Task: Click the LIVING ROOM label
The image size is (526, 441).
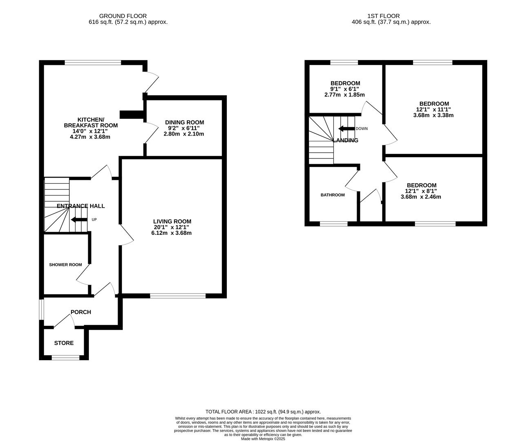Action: (171, 221)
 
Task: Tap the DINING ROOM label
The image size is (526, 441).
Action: (184, 122)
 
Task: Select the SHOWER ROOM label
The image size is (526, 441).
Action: (65, 265)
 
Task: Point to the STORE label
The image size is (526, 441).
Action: (64, 343)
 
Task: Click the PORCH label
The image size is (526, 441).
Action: (81, 312)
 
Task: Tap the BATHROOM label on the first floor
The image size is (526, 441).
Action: (333, 195)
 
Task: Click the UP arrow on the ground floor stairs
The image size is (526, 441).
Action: (79, 220)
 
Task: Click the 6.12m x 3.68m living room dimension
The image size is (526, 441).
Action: (171, 233)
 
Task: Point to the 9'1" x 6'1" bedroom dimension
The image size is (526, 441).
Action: (345, 89)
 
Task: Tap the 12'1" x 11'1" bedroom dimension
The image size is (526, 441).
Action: (433, 109)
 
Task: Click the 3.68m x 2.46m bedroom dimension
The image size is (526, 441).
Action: (421, 197)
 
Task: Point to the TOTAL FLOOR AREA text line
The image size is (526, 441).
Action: (263, 412)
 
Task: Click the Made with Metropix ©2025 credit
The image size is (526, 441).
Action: (263, 439)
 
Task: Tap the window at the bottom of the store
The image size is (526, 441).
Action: (66, 358)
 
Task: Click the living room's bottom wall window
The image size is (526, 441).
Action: (178, 296)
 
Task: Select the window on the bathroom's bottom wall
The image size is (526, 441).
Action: (333, 224)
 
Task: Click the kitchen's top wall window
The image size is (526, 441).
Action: (93, 62)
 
